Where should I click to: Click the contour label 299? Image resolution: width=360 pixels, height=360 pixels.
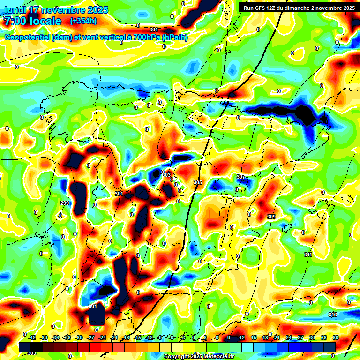point(65,203)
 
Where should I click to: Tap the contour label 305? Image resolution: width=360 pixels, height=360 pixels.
point(198,182)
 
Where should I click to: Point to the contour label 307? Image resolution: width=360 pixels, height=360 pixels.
point(241,177)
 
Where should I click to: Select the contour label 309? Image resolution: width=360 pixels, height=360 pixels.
point(271,217)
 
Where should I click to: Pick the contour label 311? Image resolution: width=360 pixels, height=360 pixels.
point(308,255)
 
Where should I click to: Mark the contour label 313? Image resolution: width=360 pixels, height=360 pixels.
point(333,314)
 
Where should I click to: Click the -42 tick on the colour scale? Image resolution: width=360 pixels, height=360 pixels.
point(32,337)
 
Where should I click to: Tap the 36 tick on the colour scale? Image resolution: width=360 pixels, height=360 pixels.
point(335,337)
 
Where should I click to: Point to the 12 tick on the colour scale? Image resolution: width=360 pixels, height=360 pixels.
point(242,337)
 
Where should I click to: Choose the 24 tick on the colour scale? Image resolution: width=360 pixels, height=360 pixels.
point(288,337)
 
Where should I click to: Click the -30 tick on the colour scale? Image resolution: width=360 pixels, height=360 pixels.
point(79,337)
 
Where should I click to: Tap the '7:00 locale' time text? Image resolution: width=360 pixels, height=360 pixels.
point(32,21)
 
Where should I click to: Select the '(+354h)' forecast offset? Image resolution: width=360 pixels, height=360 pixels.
point(84,21)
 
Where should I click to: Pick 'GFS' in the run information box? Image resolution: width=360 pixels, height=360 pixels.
point(260,7)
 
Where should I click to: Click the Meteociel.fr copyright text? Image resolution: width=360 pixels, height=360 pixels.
point(199,357)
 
